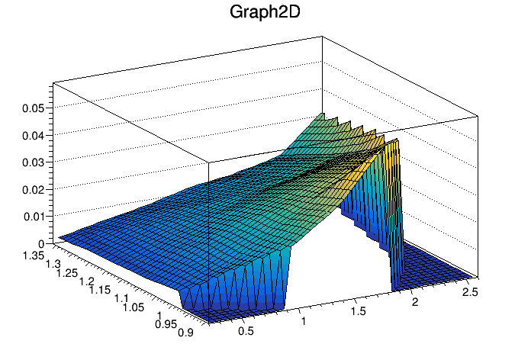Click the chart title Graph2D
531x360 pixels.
[265, 13]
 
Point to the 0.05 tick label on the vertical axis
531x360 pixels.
[32, 108]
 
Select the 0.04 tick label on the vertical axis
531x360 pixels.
[32, 135]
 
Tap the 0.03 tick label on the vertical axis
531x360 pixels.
[32, 162]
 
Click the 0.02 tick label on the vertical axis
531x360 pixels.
[32, 189]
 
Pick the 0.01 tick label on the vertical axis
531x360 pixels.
[32, 217]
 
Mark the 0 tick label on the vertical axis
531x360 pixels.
[40, 243]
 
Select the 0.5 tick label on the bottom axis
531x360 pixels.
[246, 331]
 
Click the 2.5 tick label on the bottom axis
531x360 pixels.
[471, 292]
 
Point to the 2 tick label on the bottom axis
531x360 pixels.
[416, 303]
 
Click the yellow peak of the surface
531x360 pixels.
[391, 149]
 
